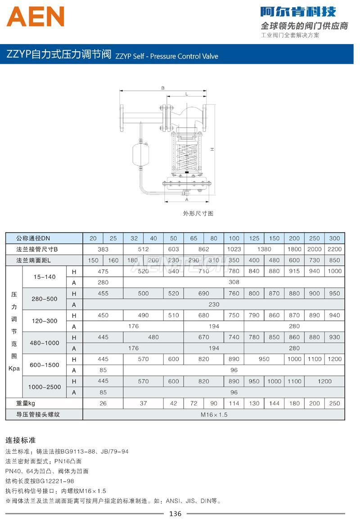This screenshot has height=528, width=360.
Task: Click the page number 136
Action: click(x=175, y=514)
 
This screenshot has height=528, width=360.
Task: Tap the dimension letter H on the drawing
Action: click(x=211, y=149)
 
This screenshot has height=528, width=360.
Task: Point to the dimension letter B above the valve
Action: click(x=163, y=88)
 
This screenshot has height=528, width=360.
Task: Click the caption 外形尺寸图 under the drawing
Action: click(x=198, y=213)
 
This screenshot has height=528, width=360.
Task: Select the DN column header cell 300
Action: click(x=334, y=238)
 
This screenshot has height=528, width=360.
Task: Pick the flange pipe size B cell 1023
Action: click(x=234, y=249)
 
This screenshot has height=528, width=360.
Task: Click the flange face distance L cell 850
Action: click(x=334, y=260)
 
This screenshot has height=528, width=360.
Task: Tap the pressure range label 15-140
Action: click(x=45, y=277)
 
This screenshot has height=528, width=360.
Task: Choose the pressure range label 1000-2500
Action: click(x=45, y=387)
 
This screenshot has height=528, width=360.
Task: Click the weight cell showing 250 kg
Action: click(x=334, y=403)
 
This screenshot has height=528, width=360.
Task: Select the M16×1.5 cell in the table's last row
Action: click(x=214, y=415)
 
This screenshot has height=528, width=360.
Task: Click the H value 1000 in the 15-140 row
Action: click(x=334, y=271)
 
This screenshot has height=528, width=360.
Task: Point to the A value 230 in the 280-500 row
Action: click(x=214, y=304)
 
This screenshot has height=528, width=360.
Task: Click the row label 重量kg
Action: click(x=26, y=403)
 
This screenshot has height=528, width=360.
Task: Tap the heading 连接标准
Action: click(x=20, y=440)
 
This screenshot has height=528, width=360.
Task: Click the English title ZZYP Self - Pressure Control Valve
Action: click(x=167, y=56)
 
